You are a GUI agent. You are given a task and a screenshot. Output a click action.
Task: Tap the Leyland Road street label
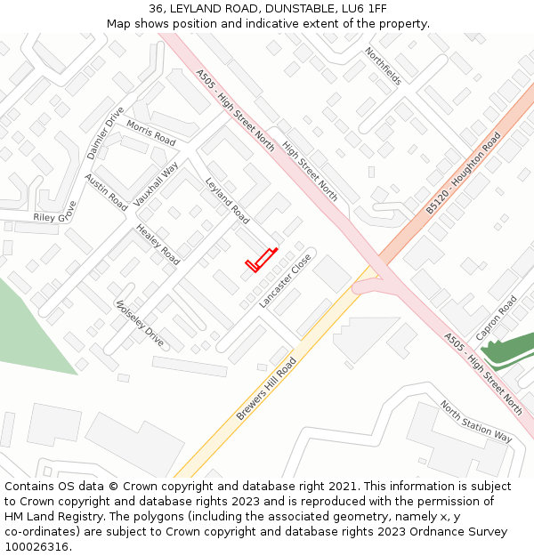click(x=227, y=200)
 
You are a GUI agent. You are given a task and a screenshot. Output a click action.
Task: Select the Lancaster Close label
click(x=285, y=281)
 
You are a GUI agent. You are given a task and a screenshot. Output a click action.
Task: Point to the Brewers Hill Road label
click(x=266, y=390)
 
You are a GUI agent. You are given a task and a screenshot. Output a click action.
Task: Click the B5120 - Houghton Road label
click(x=463, y=173)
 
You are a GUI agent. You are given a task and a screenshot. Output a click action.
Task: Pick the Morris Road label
click(x=150, y=133)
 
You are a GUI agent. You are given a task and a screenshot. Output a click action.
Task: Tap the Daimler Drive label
click(x=106, y=133)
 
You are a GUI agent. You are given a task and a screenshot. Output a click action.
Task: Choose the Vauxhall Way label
click(x=157, y=182)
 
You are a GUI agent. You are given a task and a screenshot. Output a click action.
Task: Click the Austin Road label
click(x=106, y=192)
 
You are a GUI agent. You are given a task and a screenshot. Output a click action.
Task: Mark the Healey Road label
click(x=158, y=245)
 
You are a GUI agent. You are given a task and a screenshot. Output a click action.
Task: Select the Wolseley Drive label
click(x=140, y=323)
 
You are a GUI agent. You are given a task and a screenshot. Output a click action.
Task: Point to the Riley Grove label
click(x=55, y=213)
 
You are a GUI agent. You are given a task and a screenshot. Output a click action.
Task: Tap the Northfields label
click(x=383, y=67)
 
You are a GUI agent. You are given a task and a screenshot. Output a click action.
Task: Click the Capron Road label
click(x=496, y=318)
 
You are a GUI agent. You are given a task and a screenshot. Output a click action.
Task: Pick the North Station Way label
click(x=475, y=421)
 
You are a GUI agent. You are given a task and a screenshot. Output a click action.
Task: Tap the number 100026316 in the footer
click(x=36, y=546)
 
